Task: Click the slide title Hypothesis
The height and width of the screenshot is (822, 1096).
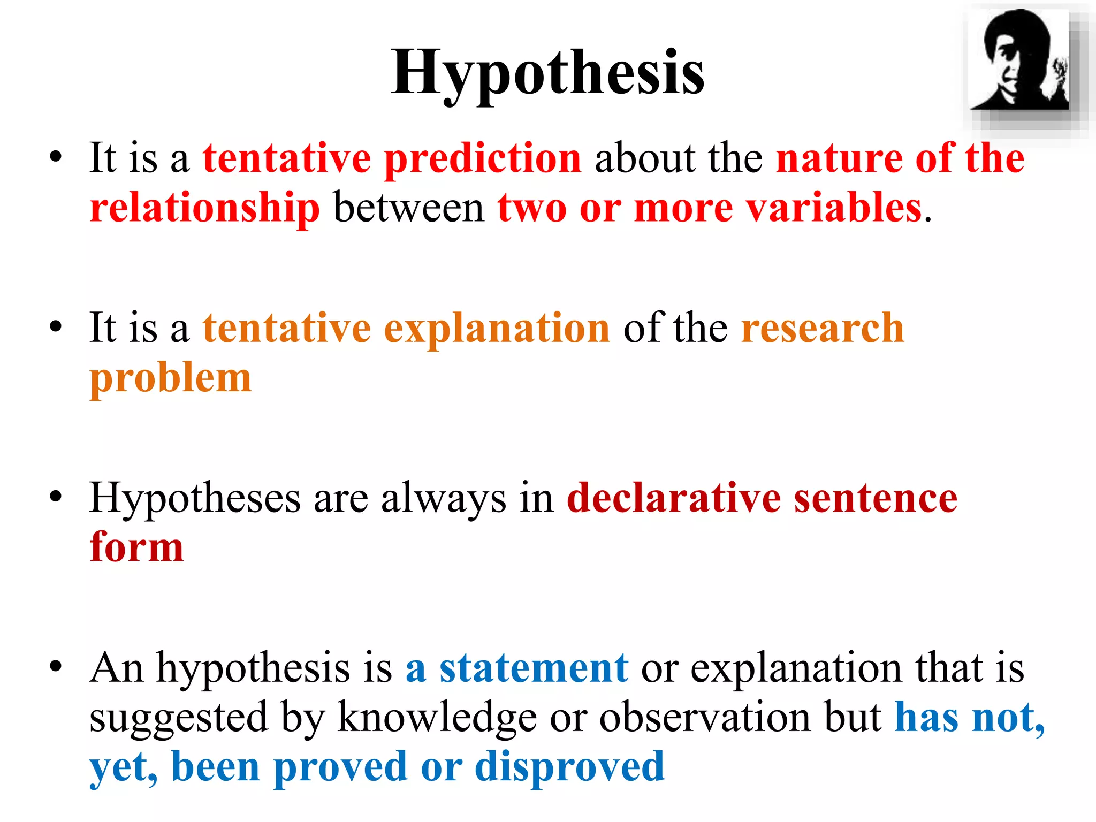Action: tap(547, 73)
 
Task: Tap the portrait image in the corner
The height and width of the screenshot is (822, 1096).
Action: tap(1019, 60)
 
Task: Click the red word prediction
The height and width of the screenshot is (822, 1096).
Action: tap(483, 158)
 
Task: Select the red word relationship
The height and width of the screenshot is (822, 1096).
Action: tap(205, 208)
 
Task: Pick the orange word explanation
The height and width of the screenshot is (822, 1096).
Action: tap(497, 328)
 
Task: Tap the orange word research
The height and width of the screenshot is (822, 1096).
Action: tap(823, 328)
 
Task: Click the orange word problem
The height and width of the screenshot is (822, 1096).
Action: tap(171, 378)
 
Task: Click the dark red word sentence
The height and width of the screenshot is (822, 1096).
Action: tap(876, 498)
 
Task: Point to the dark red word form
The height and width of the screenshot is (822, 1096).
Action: tap(137, 547)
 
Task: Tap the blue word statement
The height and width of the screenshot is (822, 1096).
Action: tap(534, 668)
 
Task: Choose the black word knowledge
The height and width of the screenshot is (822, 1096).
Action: tap(437, 717)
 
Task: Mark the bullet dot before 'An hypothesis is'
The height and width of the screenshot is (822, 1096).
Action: tap(56, 667)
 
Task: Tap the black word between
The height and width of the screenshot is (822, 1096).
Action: tap(409, 208)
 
